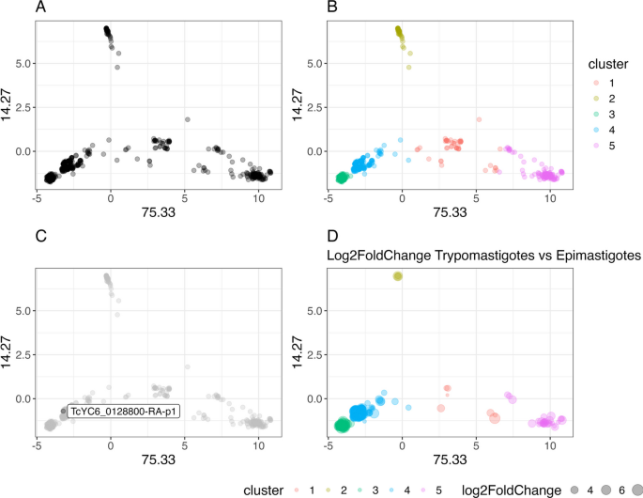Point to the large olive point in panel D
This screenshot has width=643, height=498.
(x=398, y=276)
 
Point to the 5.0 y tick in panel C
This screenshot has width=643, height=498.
(x=23, y=310)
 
